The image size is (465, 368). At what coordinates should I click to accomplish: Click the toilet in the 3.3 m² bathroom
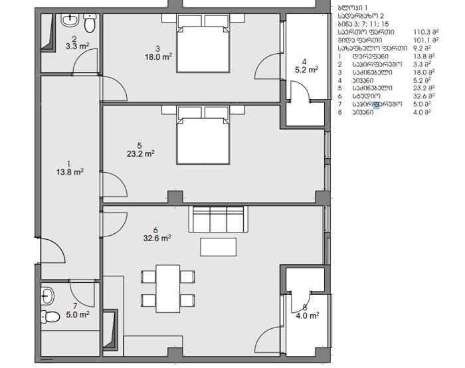(x=90, y=23)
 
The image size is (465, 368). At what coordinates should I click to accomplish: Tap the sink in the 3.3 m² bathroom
(x=70, y=20)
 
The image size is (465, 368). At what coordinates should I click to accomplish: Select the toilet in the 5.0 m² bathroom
(x=50, y=317)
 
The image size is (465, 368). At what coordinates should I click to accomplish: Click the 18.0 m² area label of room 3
(x=158, y=56)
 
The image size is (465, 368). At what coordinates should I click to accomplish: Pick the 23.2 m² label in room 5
(x=141, y=153)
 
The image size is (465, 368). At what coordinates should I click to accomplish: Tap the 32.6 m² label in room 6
(x=157, y=238)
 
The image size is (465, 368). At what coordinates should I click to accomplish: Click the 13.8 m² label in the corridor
(x=70, y=172)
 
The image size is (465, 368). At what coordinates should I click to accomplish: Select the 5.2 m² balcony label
(x=306, y=70)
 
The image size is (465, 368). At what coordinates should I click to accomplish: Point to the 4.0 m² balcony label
(x=307, y=316)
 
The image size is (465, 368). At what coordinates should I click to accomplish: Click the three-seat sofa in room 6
(x=219, y=219)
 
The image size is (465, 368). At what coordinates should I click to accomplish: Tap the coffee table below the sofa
(x=219, y=247)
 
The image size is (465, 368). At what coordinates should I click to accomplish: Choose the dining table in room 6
(x=168, y=288)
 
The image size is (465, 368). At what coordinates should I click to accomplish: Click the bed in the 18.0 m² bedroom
(x=203, y=43)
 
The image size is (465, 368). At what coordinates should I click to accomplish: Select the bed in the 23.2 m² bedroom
(x=203, y=135)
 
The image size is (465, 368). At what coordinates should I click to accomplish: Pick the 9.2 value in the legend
(x=418, y=48)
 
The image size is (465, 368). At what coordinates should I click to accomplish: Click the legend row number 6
(x=340, y=96)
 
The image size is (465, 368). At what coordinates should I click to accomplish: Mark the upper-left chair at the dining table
(x=148, y=277)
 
